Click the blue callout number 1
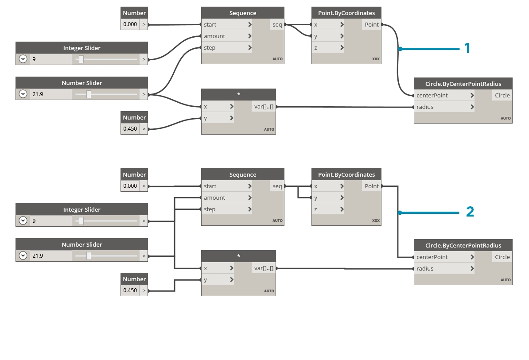[467, 48]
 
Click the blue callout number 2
[470, 212]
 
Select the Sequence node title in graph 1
[242, 13]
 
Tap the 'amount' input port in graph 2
[215, 198]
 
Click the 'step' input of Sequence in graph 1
[210, 48]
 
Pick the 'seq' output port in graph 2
[277, 186]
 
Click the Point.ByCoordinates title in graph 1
[346, 13]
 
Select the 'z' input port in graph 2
[316, 209]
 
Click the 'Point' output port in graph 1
[372, 25]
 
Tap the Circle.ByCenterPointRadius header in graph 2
[463, 245]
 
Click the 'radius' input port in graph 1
[425, 107]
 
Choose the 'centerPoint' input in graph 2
[432, 257]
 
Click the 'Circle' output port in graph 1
[502, 96]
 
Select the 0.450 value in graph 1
[130, 129]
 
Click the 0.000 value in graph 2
[130, 186]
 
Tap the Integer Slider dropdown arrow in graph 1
[23, 59]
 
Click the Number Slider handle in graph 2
[89, 255]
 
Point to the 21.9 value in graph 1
[38, 94]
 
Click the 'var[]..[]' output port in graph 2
[264, 268]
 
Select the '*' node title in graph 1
[238, 95]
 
